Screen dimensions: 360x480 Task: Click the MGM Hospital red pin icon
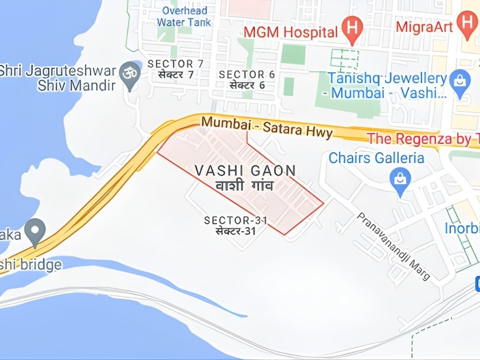pos(352,28)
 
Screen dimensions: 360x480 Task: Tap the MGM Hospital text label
pos(291,32)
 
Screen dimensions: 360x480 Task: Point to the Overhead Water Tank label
pos(184,16)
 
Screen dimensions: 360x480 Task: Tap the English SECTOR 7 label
pos(176,64)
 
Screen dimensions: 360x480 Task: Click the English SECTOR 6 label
pos(242,74)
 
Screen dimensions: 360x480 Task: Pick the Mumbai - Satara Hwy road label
pos(267,126)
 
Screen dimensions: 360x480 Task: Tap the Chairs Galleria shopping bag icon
pos(400,178)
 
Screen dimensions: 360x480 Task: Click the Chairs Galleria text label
pos(376,158)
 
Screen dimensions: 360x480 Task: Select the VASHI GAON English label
pos(245,171)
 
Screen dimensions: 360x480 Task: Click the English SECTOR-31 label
pos(236,220)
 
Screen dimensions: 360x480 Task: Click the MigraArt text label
pos(424,27)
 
